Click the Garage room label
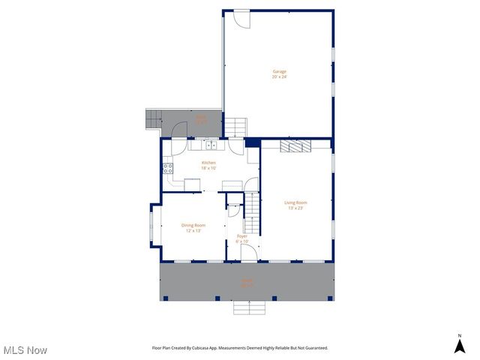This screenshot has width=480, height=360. tap(279, 73)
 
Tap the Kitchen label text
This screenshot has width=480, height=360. tap(208, 165)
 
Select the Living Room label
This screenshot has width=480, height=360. tap(295, 205)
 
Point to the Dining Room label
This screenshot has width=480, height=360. tap(193, 227)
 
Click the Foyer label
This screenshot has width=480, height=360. tap(241, 238)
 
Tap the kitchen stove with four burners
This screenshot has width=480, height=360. tap(168, 168)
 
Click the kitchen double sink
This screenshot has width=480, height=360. tap(211, 145)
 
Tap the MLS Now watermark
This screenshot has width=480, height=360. tap(26, 350)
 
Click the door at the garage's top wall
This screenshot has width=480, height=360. tap(240, 19)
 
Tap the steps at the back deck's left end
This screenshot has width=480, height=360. tap(153, 118)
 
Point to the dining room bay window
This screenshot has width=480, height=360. tap(151, 226)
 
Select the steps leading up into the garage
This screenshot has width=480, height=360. tap(235, 127)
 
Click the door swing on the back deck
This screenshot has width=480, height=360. tap(180, 129)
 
